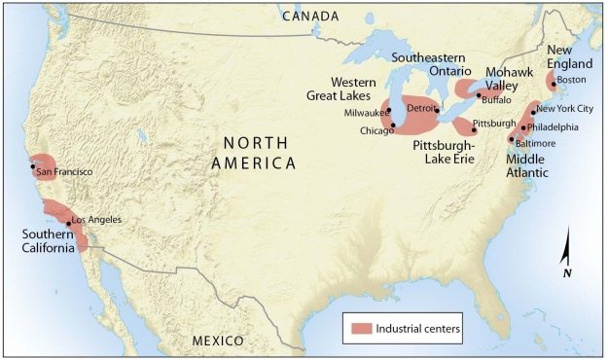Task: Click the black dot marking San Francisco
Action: [x=33, y=166]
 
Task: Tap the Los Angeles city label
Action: [x=97, y=220]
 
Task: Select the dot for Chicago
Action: [x=392, y=125]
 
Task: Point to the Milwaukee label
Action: [x=366, y=113]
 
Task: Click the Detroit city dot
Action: [x=437, y=109]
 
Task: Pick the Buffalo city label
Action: [x=496, y=99]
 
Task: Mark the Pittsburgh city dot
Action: [x=474, y=128]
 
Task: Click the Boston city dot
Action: [x=553, y=81]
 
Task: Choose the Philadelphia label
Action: [x=554, y=126]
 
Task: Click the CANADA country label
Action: [x=309, y=17]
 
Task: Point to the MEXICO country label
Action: [x=218, y=341]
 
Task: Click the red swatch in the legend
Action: [x=359, y=328]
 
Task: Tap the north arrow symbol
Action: [x=566, y=251]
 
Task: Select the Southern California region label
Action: [x=50, y=240]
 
